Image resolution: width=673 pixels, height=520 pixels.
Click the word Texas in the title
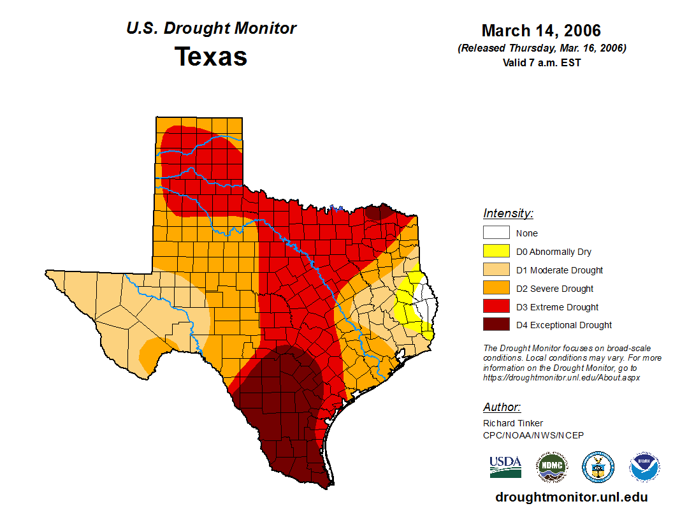coord(211,57)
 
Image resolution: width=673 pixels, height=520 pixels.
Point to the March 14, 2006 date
coord(541,31)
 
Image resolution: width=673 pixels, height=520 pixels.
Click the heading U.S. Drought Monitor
coord(211,28)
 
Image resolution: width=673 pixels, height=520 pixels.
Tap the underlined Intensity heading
coord(508,213)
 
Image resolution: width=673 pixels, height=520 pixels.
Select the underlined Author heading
coord(502,407)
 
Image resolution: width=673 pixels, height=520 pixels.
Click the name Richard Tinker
coord(513,423)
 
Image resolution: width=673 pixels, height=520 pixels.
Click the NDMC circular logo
coord(551,467)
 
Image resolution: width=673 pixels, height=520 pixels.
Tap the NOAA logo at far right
coord(644,467)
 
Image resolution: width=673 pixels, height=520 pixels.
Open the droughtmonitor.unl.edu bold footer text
coord(572,498)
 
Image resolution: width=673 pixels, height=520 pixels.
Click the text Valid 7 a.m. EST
coord(541,62)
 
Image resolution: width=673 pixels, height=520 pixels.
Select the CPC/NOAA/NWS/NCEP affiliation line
coord(533,435)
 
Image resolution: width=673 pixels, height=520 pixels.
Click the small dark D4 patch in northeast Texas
coord(378,212)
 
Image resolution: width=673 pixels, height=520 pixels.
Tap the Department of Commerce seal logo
coord(598,467)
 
